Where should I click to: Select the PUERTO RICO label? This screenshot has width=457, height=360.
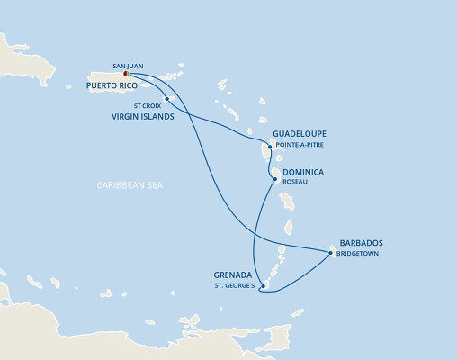coord(118,85)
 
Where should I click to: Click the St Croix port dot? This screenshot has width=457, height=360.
coord(168,98)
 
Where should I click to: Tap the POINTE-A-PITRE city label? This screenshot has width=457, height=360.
coord(301,144)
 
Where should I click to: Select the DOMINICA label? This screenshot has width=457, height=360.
coord(303,170)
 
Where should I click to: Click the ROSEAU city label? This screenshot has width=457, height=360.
coord(295,180)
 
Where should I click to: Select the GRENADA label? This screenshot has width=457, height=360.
coord(234,275)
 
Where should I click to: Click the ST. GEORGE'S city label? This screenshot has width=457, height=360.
coord(234,286)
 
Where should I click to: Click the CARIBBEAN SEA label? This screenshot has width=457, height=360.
coord(136,184)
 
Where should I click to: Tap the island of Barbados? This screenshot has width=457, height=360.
coord(333,251)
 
